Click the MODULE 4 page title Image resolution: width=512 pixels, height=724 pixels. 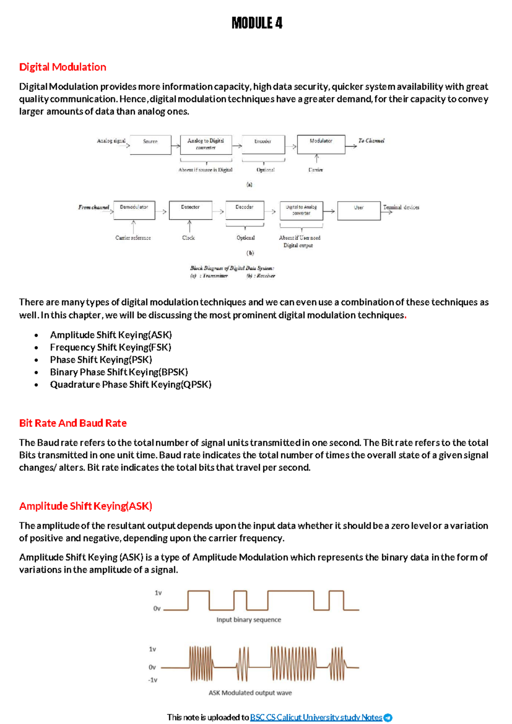257,23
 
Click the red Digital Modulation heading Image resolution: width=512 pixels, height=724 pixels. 63,67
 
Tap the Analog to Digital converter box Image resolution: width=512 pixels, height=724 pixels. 206,144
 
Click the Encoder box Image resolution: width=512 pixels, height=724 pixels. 263,144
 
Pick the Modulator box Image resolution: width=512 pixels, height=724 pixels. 321,144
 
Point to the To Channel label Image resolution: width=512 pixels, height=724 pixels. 371,140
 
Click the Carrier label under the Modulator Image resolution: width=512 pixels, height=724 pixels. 316,170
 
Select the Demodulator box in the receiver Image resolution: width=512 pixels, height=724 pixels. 134,210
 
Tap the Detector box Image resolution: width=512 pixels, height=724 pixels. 190,210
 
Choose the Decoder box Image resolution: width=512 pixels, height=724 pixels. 244,210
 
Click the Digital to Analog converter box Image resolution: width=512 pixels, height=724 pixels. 301,210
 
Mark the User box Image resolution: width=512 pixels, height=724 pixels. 358,210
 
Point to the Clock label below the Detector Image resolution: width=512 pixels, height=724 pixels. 189,238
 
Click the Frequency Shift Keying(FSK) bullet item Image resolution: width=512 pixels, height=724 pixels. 111,347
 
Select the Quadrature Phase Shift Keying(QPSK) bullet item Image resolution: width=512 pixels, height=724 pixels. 131,384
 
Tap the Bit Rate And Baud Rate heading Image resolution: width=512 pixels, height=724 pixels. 73,423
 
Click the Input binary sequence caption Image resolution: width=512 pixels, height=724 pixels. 248,619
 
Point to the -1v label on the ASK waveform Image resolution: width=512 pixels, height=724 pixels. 153,680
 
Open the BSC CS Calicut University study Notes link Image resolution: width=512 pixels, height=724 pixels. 316,717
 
